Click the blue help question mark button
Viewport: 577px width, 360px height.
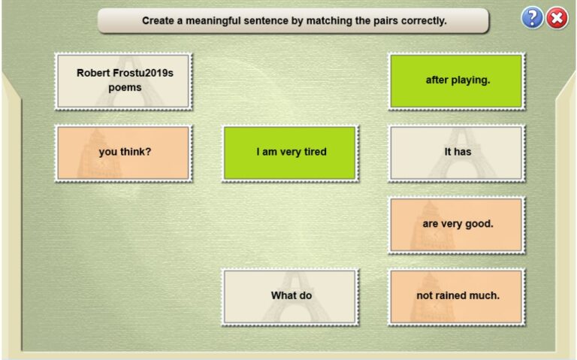[x=532, y=19]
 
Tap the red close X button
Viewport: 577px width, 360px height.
[x=557, y=19]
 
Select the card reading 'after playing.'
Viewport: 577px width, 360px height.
[x=457, y=80]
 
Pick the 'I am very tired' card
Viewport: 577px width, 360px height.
[x=290, y=153]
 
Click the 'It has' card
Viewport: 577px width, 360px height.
[x=457, y=153]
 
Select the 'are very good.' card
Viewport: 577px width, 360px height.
[x=457, y=224]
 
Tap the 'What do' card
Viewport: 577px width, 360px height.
[x=290, y=296]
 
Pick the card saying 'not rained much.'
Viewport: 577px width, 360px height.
[x=457, y=296]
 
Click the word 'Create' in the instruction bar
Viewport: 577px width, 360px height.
[x=159, y=21]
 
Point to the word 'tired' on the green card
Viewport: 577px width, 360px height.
[x=313, y=153]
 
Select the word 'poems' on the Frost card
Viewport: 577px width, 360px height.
[x=124, y=88]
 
